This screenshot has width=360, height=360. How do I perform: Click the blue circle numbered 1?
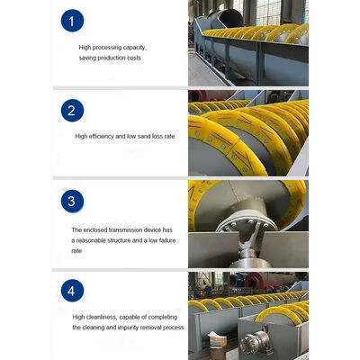[x=72, y=21]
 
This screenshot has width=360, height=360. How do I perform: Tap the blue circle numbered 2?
[x=72, y=111]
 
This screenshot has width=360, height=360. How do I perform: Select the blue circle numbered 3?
[x=72, y=201]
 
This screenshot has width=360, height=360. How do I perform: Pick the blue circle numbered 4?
[x=72, y=291]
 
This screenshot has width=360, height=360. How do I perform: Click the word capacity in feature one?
[x=134, y=48]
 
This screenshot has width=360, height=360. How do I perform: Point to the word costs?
[x=134, y=58]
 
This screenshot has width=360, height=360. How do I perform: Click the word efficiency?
[x=101, y=137]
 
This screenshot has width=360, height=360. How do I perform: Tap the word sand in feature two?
[x=144, y=137]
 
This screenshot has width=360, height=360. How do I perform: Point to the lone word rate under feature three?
[x=76, y=251]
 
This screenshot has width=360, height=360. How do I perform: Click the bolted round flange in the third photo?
[x=247, y=225]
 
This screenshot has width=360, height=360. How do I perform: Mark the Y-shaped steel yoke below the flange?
[x=249, y=244]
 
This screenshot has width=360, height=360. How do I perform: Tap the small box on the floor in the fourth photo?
[x=217, y=340]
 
